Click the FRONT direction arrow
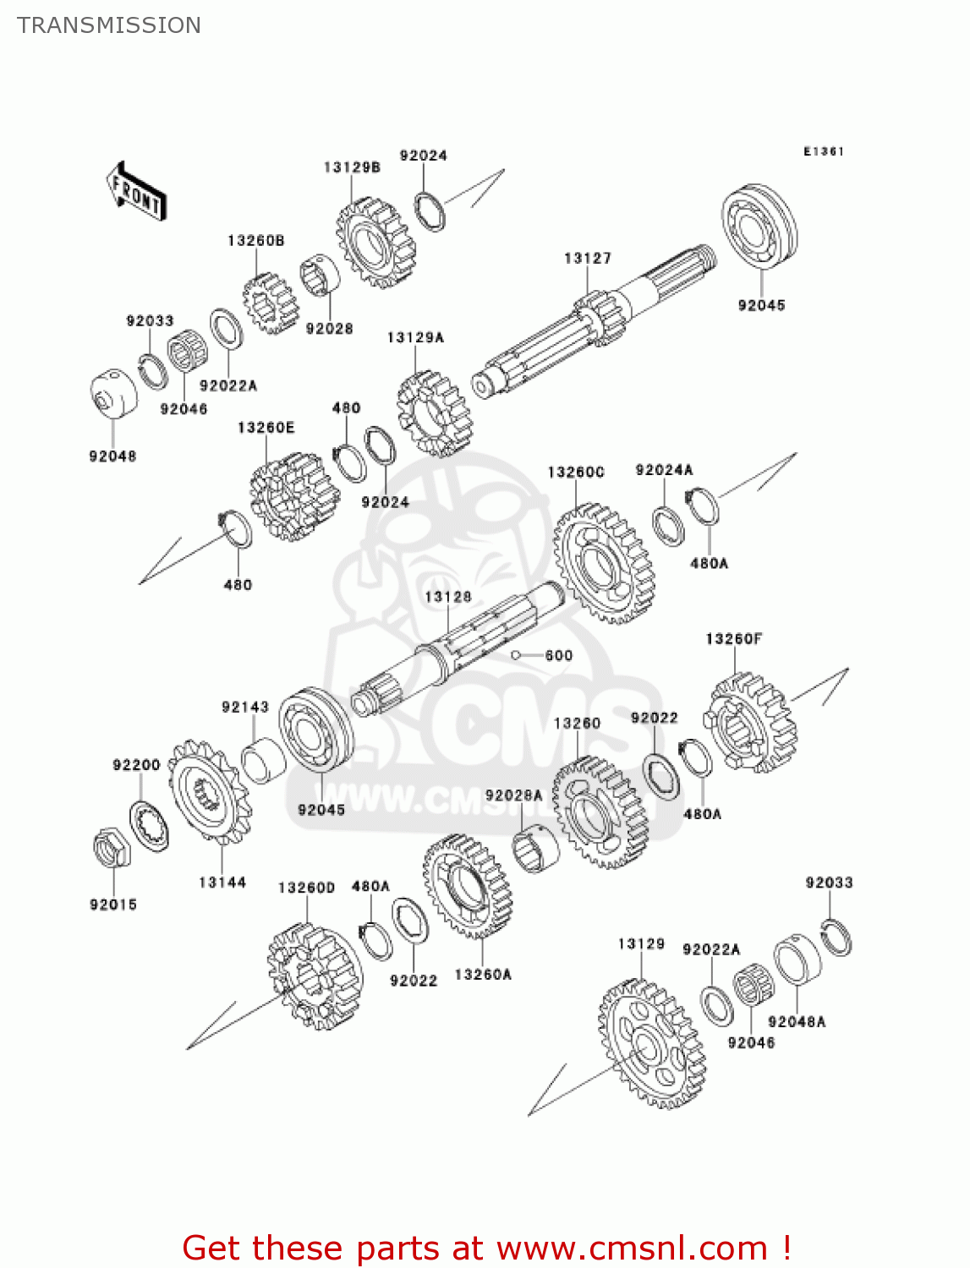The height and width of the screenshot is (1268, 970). tap(135, 192)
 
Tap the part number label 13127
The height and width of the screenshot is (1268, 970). tap(587, 259)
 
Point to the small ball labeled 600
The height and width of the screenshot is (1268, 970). tap(515, 655)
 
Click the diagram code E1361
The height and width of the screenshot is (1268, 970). tap(823, 151)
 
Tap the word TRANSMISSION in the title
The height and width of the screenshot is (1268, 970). tap(109, 25)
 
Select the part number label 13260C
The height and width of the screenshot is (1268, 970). tap(576, 473)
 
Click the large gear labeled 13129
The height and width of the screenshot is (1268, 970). tap(651, 1044)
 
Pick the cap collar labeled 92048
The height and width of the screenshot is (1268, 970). tap(113, 394)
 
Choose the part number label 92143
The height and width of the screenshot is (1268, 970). tap(245, 707)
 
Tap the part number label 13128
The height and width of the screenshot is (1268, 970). tap(448, 597)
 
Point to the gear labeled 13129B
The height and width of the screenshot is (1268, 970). tap(375, 243)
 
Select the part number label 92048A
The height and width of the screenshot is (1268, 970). tap(797, 1022)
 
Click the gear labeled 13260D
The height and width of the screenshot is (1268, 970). tap(314, 976)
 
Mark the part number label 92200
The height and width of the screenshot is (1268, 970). tap(136, 765)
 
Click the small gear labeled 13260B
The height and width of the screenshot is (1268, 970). tap(271, 303)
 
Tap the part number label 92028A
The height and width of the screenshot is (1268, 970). tap(513, 795)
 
